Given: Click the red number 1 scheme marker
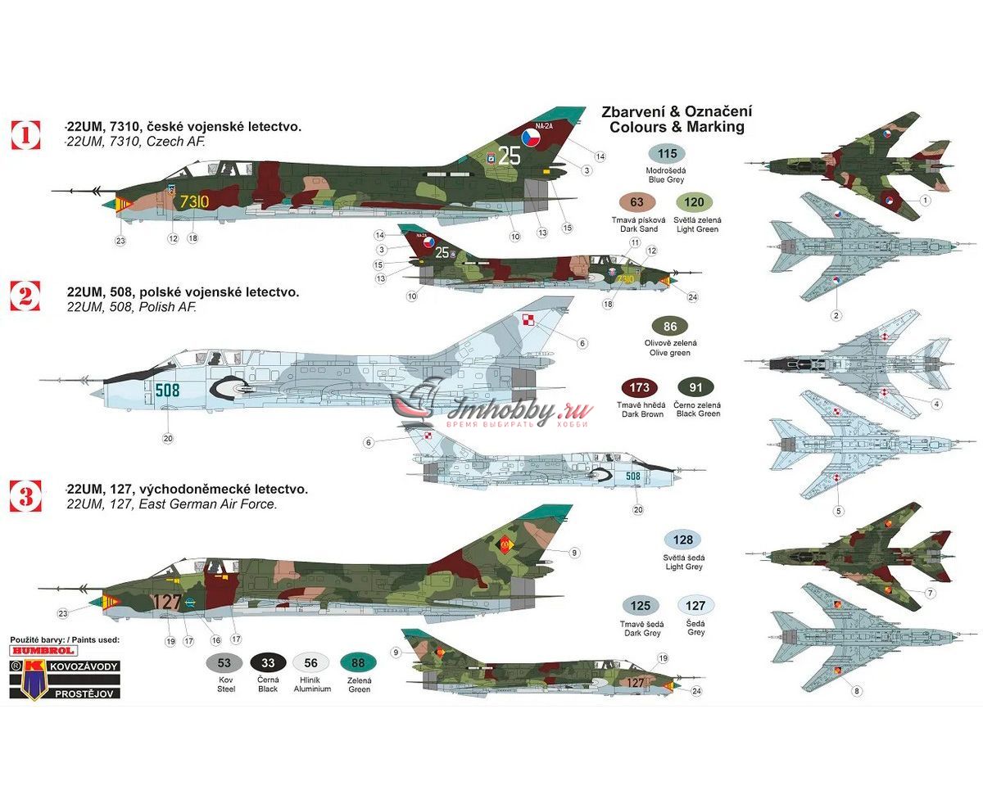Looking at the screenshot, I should click(25, 134).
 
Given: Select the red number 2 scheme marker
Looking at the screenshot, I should click(25, 296).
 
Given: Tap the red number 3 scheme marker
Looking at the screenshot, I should click(25, 494).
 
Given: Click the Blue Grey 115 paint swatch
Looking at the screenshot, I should click(667, 154).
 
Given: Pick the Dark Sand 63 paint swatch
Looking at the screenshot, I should click(636, 203).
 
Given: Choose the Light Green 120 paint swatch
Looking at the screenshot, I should click(694, 203).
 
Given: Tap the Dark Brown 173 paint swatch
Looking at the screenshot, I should click(639, 387).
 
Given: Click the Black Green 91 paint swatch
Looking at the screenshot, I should click(695, 387).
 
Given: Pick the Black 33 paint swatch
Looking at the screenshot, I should click(268, 663).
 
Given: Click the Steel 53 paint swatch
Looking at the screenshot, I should click(224, 663).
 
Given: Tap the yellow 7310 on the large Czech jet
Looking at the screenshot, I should click(194, 201).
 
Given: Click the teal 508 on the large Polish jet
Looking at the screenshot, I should click(167, 391).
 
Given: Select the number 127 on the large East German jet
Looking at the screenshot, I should click(166, 602).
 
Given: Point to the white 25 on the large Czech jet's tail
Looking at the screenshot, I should click(509, 156).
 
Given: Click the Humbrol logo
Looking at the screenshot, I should click(43, 650).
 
